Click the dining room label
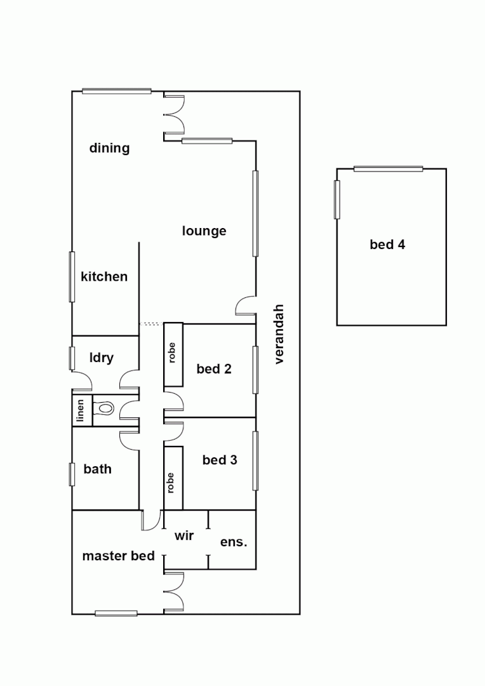(x=109, y=148)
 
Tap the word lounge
(x=204, y=231)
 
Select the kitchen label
(x=104, y=276)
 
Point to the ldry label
(x=102, y=358)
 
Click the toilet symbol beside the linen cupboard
(x=104, y=409)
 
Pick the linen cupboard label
(x=81, y=411)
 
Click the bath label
(x=97, y=469)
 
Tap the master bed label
(x=119, y=556)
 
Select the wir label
(x=184, y=536)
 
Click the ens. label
(x=234, y=542)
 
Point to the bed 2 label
(x=214, y=368)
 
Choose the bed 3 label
(x=220, y=459)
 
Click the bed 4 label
(x=387, y=245)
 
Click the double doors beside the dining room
(x=173, y=115)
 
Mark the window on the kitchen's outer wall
(x=72, y=276)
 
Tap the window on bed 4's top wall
(x=388, y=168)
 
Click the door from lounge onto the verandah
(x=246, y=306)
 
